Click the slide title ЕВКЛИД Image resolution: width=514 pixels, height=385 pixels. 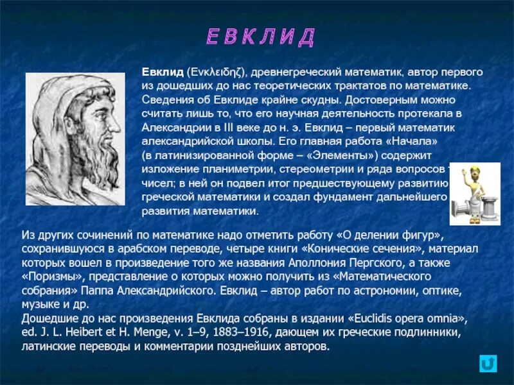click(261, 37)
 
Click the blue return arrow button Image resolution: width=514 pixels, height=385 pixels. click(488, 364)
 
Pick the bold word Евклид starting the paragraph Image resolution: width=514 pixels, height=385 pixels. click(162, 72)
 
